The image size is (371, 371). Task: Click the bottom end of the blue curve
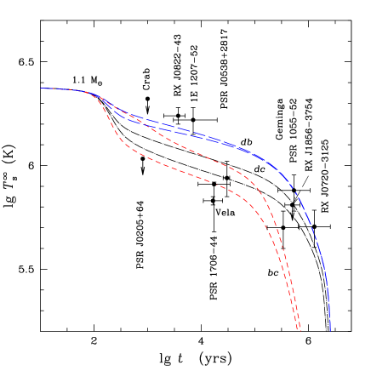click(330, 330)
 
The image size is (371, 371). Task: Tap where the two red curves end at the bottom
click(299, 329)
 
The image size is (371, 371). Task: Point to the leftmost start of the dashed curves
click(42, 88)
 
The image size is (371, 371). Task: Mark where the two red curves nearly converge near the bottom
click(294, 306)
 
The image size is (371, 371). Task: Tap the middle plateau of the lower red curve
click(179, 170)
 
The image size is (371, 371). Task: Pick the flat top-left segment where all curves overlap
click(64, 89)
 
